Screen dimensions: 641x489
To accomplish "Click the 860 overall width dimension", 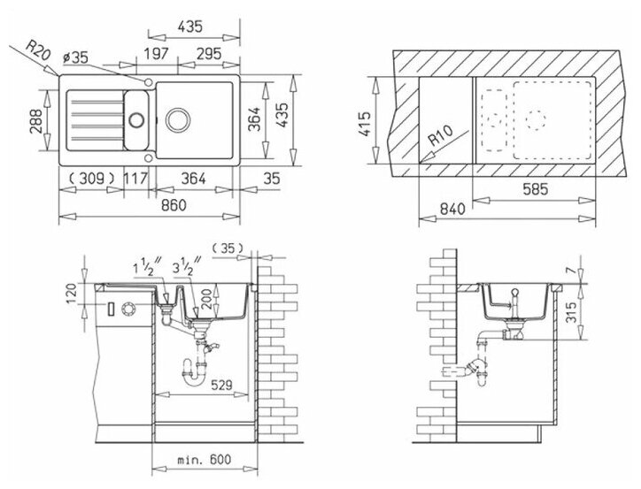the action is pos(174,205).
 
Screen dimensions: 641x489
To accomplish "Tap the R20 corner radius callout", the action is pos(37,50).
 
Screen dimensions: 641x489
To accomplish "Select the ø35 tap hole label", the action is pos(75,57).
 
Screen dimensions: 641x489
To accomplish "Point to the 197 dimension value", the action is pos(156,53).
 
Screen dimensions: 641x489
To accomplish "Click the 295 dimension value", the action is pos(208,53).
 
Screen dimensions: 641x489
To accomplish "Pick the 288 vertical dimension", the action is pos(35,121).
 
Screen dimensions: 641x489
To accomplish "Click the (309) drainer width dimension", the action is pos(91,179).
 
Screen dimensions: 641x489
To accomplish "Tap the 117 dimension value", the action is pos(135,179).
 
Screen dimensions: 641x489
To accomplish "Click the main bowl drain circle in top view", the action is pos(178,120).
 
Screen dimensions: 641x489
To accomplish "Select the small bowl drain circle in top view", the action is pos(136,119).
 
